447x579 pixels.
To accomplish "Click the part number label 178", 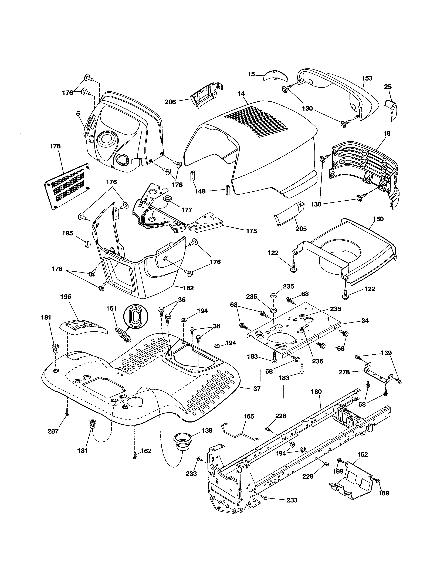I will pyautogui.click(x=55, y=146).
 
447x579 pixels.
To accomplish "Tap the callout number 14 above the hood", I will pyautogui.click(x=241, y=94).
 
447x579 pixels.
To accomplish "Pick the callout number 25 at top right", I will pyautogui.click(x=388, y=87).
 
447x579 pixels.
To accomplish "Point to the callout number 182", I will pyautogui.click(x=188, y=288).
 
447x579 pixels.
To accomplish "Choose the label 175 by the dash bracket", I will pyautogui.click(x=251, y=231).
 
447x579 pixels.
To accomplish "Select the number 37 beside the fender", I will pyautogui.click(x=257, y=389).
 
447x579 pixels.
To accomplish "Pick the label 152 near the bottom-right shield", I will pyautogui.click(x=363, y=454).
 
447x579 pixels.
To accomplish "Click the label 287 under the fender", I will pyautogui.click(x=53, y=431).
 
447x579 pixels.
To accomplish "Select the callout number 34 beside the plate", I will pyautogui.click(x=365, y=321).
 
